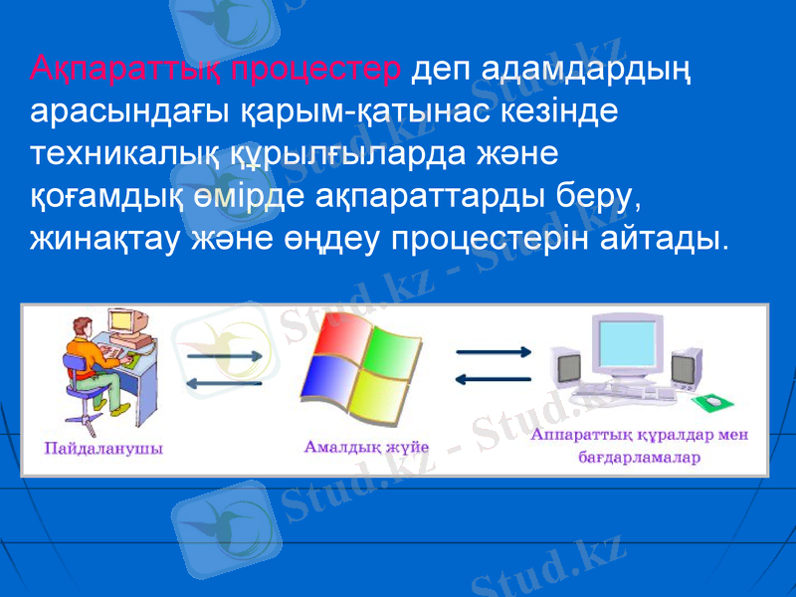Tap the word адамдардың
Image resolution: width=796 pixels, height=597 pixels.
click(x=552, y=70)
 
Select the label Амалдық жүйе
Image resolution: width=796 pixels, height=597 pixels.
click(x=365, y=447)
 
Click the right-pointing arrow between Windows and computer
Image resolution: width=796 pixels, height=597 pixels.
click(x=493, y=351)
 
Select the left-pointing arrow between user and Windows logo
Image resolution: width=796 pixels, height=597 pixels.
click(x=223, y=384)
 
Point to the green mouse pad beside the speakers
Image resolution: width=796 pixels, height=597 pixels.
click(x=714, y=401)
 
